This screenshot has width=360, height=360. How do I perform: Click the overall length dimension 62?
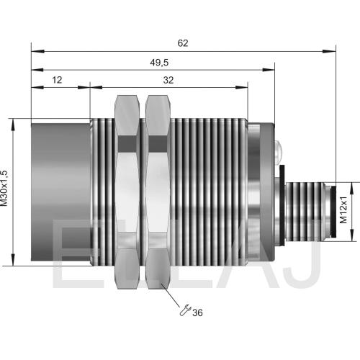coord(183,43)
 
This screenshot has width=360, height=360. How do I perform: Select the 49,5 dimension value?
coord(159,63)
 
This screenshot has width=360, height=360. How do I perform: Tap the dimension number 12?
coord(57,80)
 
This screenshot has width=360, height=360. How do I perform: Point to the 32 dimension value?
coord(168,80)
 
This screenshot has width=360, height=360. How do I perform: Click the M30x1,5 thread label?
coord(4,188)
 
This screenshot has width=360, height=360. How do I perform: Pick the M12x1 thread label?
coord(343,210)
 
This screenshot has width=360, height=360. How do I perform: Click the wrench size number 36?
coord(197,312)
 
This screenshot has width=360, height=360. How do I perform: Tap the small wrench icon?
coord(185,310)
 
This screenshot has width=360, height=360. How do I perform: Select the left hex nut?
coord(127,192)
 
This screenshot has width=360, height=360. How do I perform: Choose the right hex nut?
coord(158,192)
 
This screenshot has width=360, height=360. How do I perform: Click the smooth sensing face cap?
coord(60,192)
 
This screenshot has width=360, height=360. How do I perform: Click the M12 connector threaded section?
coord(305,210)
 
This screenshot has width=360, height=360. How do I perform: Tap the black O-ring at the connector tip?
coord(333,211)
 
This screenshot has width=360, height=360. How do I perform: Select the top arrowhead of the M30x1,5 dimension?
coord(13,125)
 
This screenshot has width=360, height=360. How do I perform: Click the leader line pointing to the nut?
coord(171,295)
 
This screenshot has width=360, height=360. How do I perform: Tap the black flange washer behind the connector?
coord(282,205)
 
